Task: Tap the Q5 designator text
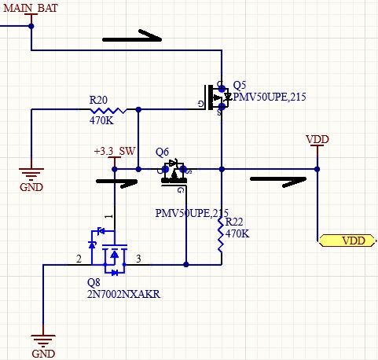(240, 85)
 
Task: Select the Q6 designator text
(163, 152)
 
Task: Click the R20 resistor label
(99, 101)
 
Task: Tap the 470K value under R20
(101, 121)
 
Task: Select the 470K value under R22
(237, 233)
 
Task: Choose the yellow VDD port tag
(347, 241)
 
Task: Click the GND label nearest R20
(31, 187)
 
